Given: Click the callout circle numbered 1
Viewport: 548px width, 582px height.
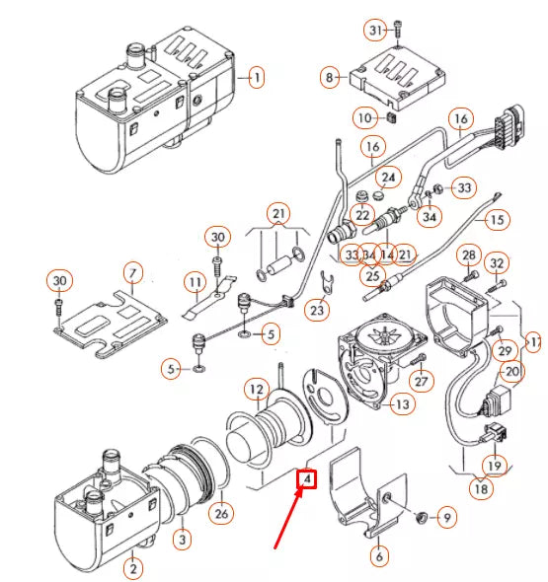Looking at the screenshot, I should [255, 77].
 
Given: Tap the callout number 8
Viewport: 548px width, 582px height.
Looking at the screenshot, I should [331, 76].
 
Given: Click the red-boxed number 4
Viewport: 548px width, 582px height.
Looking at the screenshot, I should [307, 479].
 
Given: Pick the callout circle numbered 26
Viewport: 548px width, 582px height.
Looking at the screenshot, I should [221, 512].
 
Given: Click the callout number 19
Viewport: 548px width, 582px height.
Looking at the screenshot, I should [492, 465].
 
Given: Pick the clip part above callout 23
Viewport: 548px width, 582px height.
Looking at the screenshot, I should [331, 282].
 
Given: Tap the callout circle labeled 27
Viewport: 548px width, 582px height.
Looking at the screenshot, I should [423, 382].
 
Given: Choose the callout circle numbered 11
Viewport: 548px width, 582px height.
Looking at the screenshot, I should [196, 282].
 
